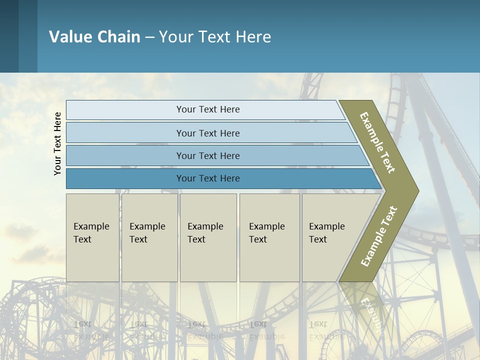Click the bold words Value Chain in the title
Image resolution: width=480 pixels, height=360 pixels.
click(x=94, y=37)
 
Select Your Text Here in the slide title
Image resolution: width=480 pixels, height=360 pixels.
click(x=215, y=37)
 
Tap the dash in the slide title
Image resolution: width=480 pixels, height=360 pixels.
click(x=149, y=37)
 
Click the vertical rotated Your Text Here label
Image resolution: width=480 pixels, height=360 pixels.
click(x=57, y=143)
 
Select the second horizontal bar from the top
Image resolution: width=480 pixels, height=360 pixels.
click(x=207, y=133)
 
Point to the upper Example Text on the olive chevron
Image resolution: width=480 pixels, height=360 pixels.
click(x=377, y=142)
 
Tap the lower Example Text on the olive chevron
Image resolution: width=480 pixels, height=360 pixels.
click(x=378, y=236)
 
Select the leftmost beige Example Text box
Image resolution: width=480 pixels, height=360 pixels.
click(x=92, y=237)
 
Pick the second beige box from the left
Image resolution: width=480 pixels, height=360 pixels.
click(x=149, y=237)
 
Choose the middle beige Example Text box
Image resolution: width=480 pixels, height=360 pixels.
click(x=208, y=237)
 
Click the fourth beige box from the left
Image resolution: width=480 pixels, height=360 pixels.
click(x=269, y=237)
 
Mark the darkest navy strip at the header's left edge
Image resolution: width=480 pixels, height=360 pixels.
click(x=9, y=36)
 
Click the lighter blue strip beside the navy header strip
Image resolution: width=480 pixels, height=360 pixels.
click(x=28, y=36)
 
